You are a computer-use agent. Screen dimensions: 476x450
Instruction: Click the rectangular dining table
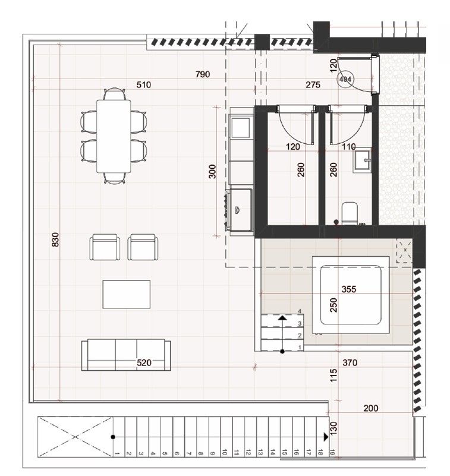coord(114,135)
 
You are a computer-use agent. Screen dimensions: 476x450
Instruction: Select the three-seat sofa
coord(125,355)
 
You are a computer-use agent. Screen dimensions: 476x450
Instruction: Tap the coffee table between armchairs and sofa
coord(126,294)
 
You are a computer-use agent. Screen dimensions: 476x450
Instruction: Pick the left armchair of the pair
coord(105,247)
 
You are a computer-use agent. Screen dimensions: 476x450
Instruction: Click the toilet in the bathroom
coord(349,212)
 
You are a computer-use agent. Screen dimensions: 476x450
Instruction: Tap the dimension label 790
coord(203,74)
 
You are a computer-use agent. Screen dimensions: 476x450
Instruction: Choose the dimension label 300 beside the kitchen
coord(213,171)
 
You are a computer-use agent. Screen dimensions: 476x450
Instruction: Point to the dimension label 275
coord(313,85)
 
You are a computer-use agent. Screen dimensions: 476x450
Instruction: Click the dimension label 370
coord(351,362)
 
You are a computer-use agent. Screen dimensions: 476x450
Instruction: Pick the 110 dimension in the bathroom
coord(349,146)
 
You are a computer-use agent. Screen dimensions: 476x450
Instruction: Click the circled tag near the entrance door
coord(345,78)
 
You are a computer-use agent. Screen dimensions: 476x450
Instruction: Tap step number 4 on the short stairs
coord(301,311)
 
